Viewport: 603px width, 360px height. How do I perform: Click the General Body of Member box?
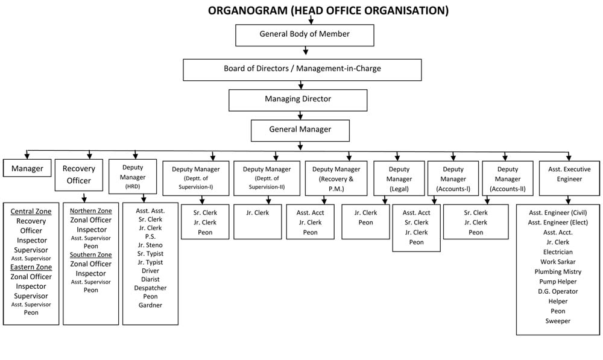coord(305,36)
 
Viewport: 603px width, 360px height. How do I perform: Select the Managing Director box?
coord(298,100)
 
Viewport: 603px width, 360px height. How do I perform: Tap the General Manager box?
coord(300,131)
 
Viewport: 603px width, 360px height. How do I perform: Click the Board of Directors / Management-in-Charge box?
coord(302,69)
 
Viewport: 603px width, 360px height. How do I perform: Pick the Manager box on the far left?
coord(27,168)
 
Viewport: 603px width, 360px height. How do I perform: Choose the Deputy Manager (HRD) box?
coord(133,177)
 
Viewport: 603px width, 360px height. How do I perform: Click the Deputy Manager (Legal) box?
coord(399,178)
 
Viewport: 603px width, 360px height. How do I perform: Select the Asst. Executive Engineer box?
coord(570,178)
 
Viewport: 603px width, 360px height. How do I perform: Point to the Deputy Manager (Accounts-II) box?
coord(508,178)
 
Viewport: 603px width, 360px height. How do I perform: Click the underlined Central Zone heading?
coord(31,211)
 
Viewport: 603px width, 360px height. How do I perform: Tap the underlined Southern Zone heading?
coord(91,254)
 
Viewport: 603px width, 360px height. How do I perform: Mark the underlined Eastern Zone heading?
coord(31,267)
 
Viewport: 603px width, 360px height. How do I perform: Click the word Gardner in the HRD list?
coord(150,305)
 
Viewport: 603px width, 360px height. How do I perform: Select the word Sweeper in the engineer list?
coord(558,321)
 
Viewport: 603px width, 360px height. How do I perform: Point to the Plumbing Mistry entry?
coord(558,271)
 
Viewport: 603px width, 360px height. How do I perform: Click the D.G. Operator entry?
coord(558,291)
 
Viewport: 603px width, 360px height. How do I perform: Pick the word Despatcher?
coord(150,288)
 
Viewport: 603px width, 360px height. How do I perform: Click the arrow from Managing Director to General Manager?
coord(300,115)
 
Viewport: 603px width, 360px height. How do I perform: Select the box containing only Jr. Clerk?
coord(257,221)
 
